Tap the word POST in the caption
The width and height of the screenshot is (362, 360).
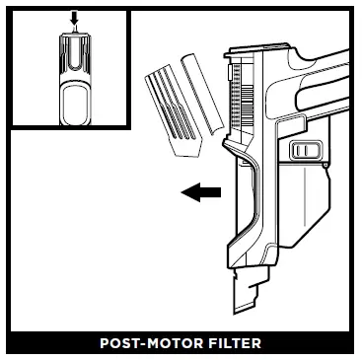[x=120, y=345]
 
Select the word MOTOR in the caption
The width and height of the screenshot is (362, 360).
[x=174, y=345]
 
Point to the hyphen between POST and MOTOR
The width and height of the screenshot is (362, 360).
[x=145, y=345]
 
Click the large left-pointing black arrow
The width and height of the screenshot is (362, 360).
[x=200, y=194]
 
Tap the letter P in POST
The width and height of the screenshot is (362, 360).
[x=105, y=345]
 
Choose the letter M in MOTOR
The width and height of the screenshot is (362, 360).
[x=155, y=345]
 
